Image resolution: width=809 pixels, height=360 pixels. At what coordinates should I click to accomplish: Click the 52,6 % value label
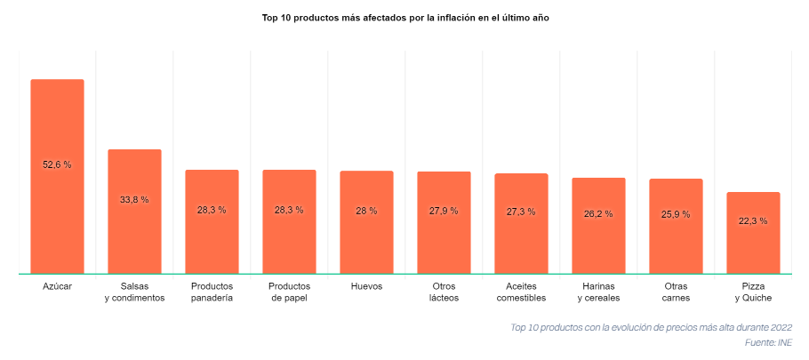click(x=57, y=164)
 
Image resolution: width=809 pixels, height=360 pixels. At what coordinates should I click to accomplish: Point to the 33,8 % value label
click(x=134, y=200)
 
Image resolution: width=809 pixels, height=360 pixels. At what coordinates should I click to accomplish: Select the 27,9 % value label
click(x=444, y=211)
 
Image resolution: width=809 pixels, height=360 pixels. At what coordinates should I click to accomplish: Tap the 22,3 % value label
click(x=753, y=220)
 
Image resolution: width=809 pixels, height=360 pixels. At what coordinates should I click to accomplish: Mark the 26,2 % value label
click(x=598, y=213)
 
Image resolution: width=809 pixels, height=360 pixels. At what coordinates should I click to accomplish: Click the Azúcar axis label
click(x=57, y=286)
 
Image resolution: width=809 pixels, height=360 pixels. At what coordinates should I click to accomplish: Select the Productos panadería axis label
click(x=212, y=292)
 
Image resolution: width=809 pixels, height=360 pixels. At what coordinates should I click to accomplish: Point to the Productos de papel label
click(x=289, y=292)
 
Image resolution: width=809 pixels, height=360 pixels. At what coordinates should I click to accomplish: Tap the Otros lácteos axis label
click(x=444, y=292)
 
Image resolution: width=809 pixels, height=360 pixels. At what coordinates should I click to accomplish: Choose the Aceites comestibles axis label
click(x=521, y=292)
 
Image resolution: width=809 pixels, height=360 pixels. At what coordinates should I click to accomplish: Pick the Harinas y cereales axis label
click(x=598, y=292)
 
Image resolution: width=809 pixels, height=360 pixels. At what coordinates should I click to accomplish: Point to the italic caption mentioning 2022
click(x=651, y=328)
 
